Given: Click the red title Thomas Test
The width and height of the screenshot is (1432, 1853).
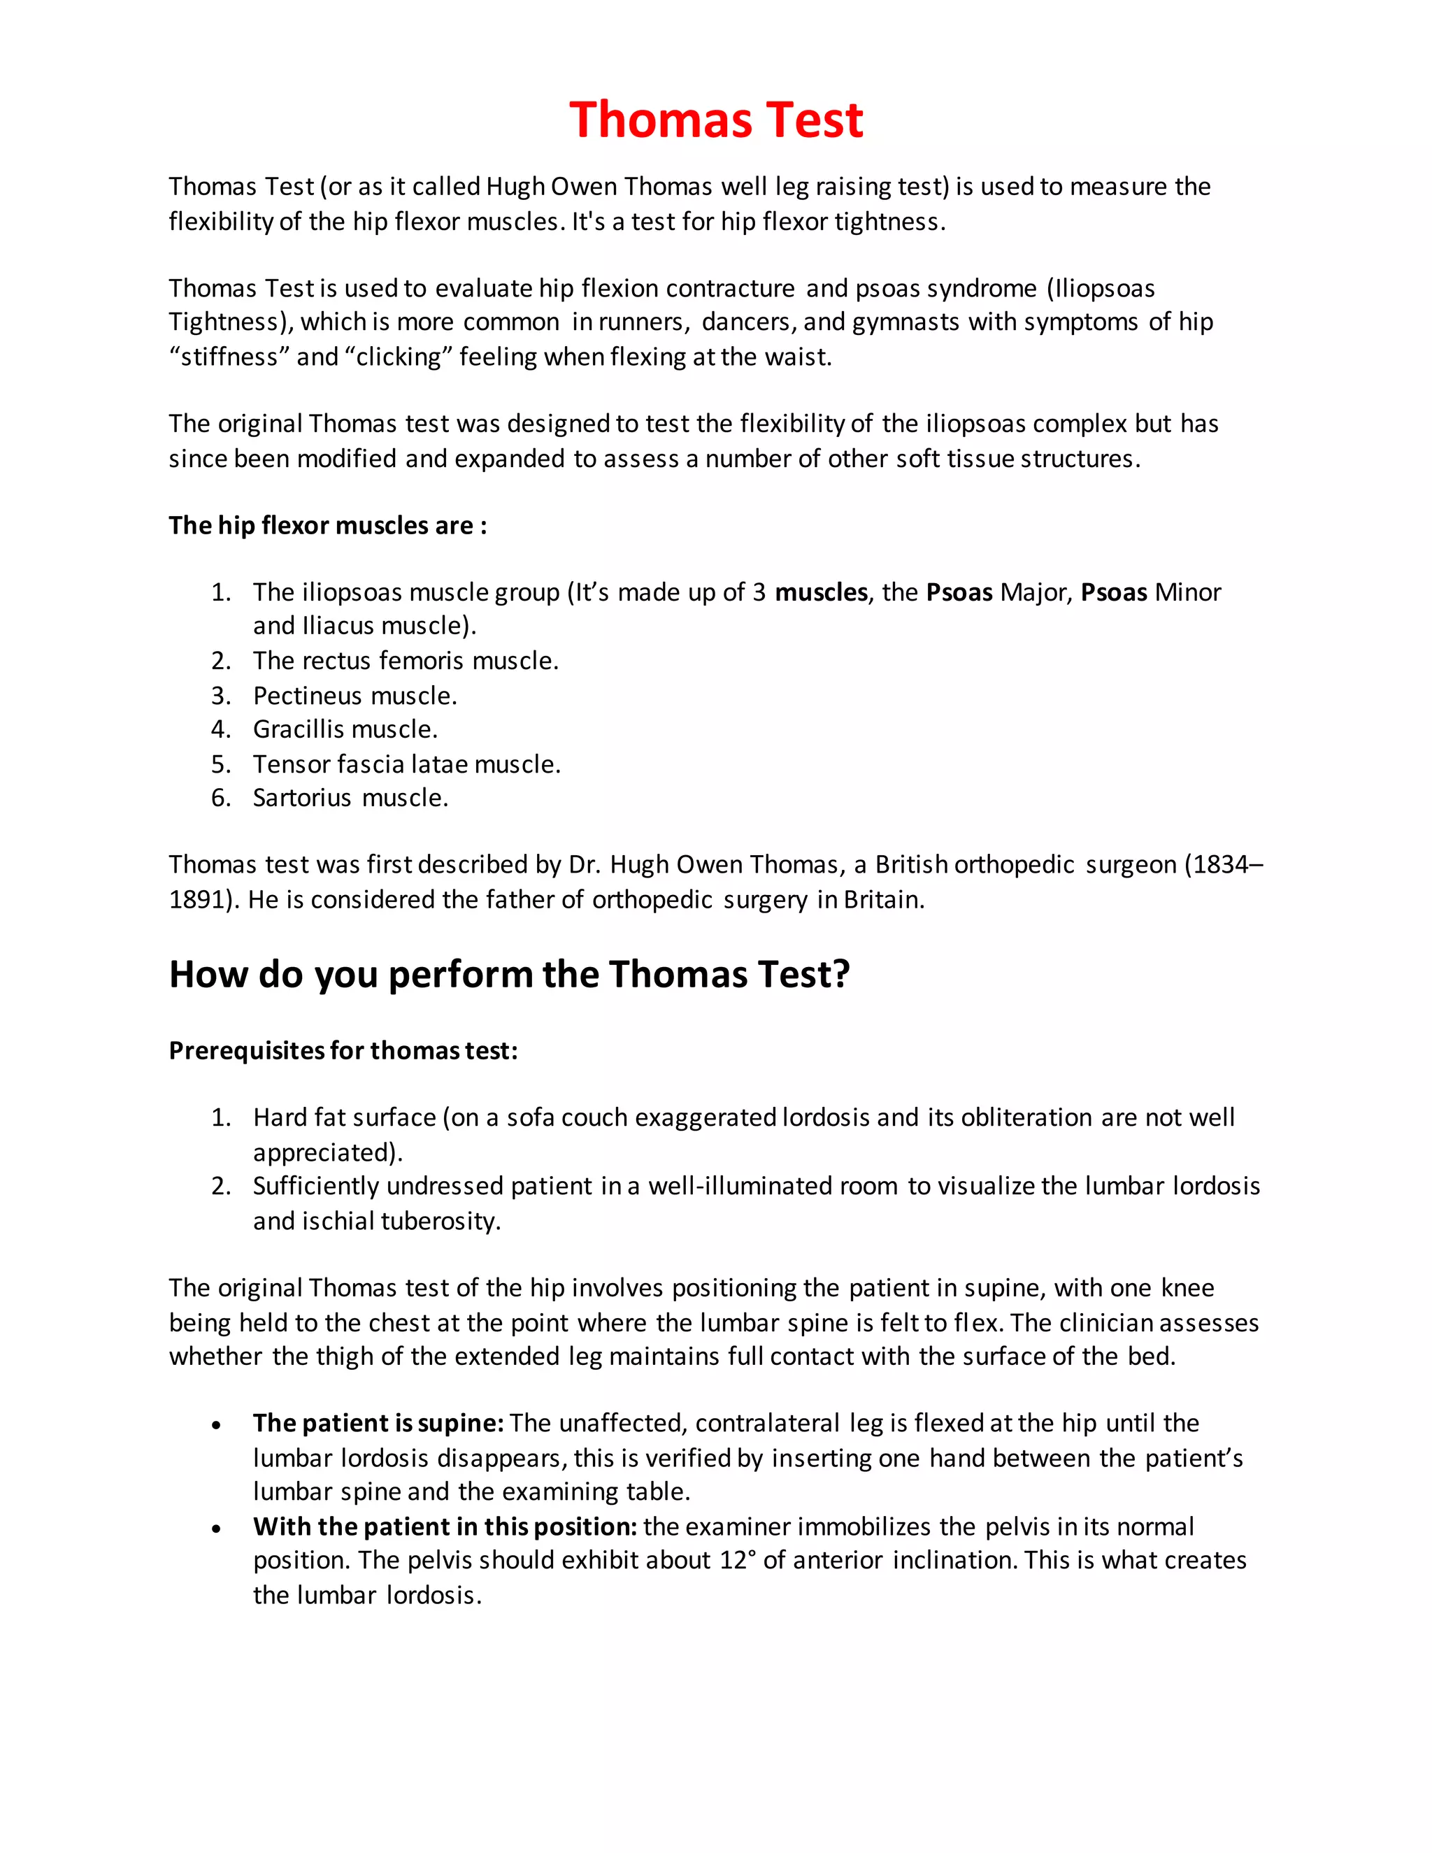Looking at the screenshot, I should pos(716,120).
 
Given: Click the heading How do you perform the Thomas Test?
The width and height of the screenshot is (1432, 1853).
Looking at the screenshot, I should pos(509,974).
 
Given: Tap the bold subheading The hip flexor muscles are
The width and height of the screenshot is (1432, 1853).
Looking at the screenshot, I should pos(327,525).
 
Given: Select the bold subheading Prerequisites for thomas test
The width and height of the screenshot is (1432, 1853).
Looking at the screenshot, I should pos(343,1050).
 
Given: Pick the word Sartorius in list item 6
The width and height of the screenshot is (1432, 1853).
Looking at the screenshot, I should pos(301,798).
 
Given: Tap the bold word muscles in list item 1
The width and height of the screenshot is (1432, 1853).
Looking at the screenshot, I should pos(820,592).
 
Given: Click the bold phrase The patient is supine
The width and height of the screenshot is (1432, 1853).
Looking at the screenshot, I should pos(378,1423).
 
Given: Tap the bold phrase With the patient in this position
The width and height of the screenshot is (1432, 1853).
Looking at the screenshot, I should pos(445,1526).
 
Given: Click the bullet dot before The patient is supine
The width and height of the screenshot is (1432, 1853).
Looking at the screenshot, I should pos(217,1425).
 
